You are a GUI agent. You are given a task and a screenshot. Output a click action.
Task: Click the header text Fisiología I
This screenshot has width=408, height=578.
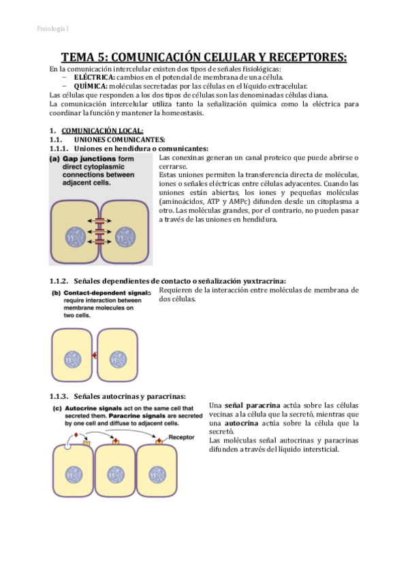point(52,29)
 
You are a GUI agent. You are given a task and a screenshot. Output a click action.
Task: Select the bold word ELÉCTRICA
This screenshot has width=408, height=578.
point(94,78)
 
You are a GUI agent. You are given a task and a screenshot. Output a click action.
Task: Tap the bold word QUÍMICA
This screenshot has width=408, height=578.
point(91,87)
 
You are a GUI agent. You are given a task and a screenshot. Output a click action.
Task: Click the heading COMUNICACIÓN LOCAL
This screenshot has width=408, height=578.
point(102,131)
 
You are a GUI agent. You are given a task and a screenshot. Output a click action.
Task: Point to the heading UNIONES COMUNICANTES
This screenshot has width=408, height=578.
point(119,140)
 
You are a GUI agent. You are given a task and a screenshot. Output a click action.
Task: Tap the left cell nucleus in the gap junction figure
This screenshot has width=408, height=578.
point(76,237)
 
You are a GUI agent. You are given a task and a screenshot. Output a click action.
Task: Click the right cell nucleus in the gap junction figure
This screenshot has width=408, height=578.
point(125,237)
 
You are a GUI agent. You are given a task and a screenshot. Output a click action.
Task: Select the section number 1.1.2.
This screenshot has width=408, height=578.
point(59,282)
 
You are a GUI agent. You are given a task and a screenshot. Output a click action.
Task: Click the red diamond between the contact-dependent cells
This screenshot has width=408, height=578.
point(95,355)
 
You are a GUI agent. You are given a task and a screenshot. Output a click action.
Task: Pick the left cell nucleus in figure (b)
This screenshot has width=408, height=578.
point(73,359)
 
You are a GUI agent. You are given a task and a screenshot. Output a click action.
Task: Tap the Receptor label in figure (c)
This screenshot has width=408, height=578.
point(181,437)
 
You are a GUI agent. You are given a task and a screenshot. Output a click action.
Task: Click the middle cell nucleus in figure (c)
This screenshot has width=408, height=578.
point(116,475)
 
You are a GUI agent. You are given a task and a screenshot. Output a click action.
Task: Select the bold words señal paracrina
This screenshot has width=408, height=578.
point(252,406)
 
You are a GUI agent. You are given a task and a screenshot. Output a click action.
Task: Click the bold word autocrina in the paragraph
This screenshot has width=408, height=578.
point(241,423)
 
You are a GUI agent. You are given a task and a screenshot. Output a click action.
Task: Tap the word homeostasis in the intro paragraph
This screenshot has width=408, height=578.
point(183,113)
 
